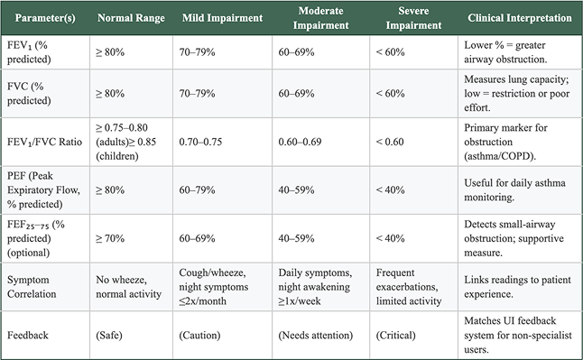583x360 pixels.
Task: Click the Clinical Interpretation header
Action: point(519,18)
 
